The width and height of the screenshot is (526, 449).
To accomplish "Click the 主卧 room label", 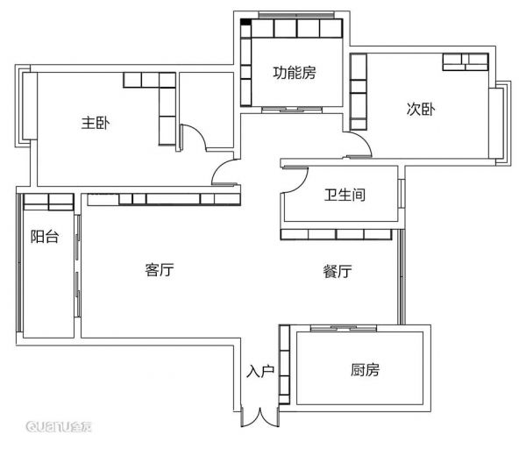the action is tap(96, 123).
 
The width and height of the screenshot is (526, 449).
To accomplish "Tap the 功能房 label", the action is tap(295, 73).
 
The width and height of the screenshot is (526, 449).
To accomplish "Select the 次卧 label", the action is tap(421, 109).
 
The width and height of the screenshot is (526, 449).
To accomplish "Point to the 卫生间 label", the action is tap(345, 195).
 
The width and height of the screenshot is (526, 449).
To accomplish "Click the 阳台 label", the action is tap(45, 237).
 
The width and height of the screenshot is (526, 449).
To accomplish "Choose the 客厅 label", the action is tap(160, 270).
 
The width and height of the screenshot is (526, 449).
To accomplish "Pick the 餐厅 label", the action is tap(338, 271).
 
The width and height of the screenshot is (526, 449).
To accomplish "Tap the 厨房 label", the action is tap(365, 370).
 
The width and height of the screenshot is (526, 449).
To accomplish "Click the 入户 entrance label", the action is tap(260, 371).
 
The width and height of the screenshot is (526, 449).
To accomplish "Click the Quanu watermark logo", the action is tap(59, 426).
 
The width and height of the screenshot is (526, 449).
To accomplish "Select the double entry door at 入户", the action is tap(260, 417).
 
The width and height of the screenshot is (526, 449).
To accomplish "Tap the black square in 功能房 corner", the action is tap(245, 22).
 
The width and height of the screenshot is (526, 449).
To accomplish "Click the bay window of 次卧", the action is tap(500, 123).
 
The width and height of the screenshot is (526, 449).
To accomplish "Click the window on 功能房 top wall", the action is tap(296, 15).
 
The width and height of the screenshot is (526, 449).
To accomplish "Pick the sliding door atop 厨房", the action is tap(344, 328).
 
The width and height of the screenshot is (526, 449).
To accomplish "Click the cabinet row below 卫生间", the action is tap(336, 234).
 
